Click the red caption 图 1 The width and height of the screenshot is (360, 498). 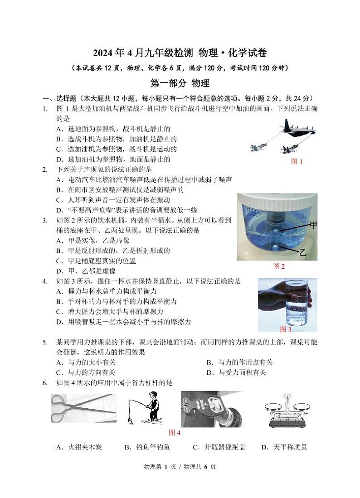click(x=297, y=162)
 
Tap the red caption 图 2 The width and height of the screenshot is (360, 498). click(x=279, y=266)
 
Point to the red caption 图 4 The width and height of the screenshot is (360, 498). click(x=175, y=433)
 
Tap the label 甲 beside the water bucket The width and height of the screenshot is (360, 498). click(x=313, y=225)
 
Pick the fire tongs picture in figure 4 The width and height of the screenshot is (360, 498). click(x=83, y=408)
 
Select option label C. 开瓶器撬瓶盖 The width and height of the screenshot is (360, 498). click(x=219, y=447)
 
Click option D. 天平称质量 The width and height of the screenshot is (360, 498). click(x=284, y=447)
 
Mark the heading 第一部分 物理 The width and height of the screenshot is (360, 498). click(x=180, y=83)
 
